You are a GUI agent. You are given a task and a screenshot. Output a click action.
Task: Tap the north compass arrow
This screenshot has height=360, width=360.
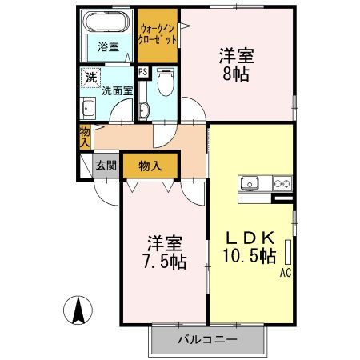coord(79,310)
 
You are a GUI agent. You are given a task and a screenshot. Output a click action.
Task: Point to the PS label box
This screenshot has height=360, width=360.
coord(142,72)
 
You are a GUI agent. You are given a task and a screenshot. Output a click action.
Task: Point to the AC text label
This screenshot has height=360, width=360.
coord(285,274)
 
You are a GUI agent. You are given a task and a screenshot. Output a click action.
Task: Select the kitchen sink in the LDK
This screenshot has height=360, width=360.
coord(251,183)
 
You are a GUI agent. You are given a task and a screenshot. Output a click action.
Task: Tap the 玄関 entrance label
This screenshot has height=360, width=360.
coord(107,166)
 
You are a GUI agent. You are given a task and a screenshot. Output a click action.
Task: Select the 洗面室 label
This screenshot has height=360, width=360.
coord(112,90)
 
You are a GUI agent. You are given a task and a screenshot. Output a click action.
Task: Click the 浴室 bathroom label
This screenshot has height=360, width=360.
coord(108,46)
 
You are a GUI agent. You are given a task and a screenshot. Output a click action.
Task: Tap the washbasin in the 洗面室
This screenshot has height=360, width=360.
coord(88,110)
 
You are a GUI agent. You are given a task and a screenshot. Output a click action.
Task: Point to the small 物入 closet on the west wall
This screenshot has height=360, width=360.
coord(84,137)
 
